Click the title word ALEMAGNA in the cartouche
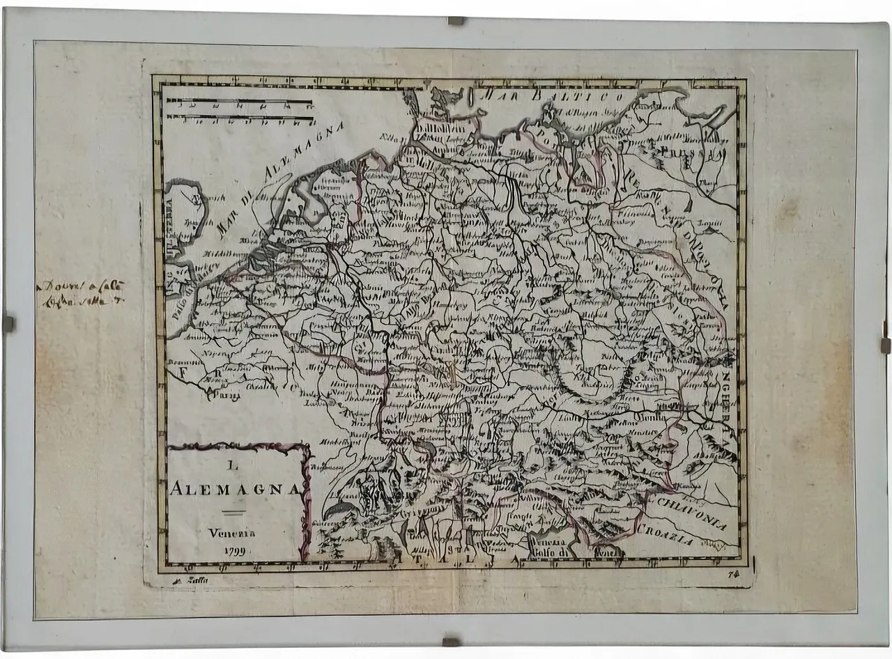pos(236,488)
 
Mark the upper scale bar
pos(239,102)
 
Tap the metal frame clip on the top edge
pos(456,21)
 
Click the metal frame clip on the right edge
pos(884,345)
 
